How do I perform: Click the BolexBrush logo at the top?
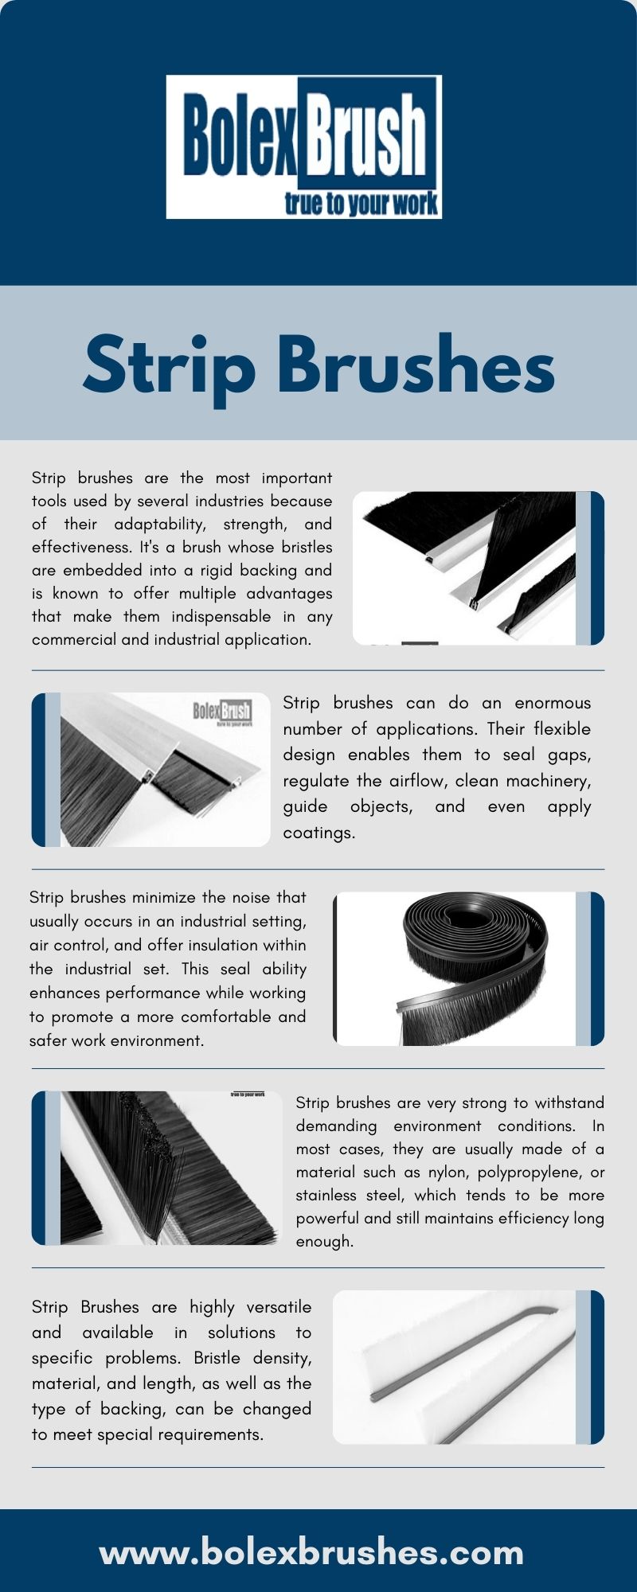304,147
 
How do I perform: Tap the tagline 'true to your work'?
361,204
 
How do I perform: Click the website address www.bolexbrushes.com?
311,1552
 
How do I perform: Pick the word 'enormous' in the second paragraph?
553,703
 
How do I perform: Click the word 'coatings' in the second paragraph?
317,833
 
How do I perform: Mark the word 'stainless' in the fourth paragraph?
326,1195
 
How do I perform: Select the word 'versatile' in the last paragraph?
279,1307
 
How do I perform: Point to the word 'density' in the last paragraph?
282,1359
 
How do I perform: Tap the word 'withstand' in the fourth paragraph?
569,1102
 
